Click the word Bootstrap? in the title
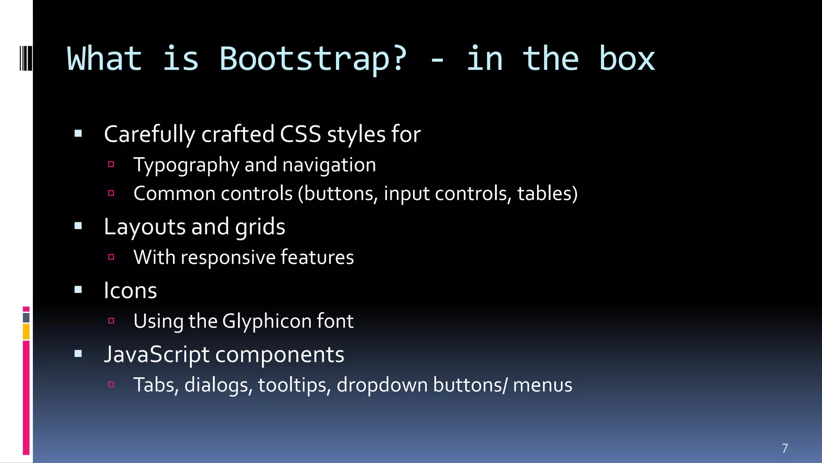point(313,59)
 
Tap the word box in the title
point(627,59)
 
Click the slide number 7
point(785,448)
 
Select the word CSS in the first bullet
point(300,134)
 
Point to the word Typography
point(186,165)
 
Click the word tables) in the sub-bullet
point(547,193)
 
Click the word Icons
point(130,290)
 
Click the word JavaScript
point(157,354)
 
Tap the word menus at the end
point(542,385)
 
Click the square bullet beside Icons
point(78,289)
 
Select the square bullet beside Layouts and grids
point(78,226)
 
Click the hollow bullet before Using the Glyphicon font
point(111,321)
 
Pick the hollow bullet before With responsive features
point(111,257)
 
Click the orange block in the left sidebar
point(26,332)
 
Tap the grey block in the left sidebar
point(26,318)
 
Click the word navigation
point(329,165)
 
